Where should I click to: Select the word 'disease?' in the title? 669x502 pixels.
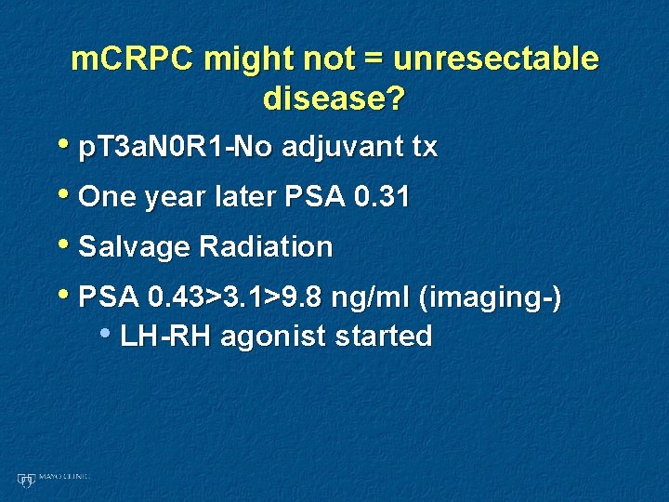click(x=334, y=98)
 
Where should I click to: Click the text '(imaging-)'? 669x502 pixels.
click(x=490, y=297)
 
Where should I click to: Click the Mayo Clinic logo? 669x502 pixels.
click(x=52, y=479)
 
